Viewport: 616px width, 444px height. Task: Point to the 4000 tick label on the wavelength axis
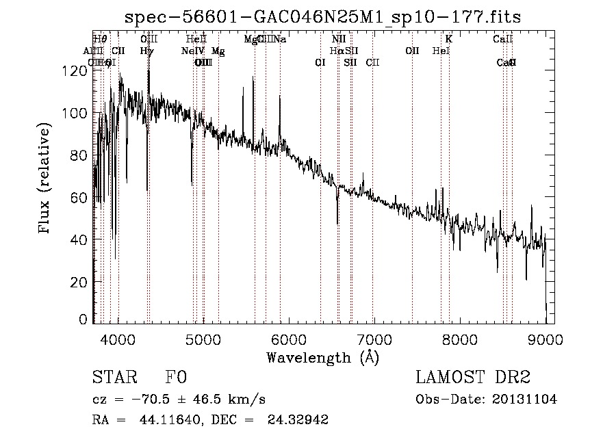[118, 339]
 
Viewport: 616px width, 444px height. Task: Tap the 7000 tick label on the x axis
[374, 339]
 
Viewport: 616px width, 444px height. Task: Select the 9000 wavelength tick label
[545, 339]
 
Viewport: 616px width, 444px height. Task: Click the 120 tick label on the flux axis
[77, 71]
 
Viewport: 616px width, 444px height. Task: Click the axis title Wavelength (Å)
[322, 357]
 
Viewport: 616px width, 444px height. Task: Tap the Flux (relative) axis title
[46, 179]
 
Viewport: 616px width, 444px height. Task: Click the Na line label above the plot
[280, 39]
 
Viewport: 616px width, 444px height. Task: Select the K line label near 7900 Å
[449, 39]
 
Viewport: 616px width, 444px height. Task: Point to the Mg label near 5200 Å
[218, 51]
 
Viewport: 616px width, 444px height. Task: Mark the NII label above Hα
[339, 39]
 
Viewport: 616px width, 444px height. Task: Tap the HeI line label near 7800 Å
[441, 51]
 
